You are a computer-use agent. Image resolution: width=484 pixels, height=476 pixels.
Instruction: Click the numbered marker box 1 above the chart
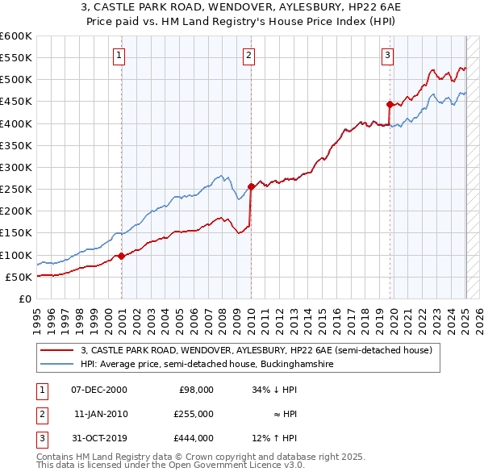(119, 56)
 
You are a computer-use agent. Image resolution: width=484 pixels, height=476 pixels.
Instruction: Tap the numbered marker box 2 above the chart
(248, 56)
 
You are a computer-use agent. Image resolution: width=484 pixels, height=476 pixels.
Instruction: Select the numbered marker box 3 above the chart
(387, 56)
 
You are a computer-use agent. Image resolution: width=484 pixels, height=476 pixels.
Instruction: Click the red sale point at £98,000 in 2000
(121, 256)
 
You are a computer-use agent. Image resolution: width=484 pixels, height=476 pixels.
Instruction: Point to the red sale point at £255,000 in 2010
(251, 187)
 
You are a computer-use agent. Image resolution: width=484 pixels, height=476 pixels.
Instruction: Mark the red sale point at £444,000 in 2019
(390, 104)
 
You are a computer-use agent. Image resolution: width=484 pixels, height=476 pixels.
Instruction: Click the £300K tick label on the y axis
(16, 167)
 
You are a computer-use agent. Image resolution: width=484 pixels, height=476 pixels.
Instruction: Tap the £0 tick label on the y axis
(26, 299)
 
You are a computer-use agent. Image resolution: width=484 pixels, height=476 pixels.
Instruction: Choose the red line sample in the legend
(56, 350)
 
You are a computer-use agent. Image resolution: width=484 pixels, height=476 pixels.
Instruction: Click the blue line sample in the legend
(56, 365)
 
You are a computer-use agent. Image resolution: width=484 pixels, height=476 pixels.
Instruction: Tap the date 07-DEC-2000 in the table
(99, 390)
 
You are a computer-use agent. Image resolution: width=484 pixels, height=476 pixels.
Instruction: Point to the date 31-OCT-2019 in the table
(99, 438)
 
